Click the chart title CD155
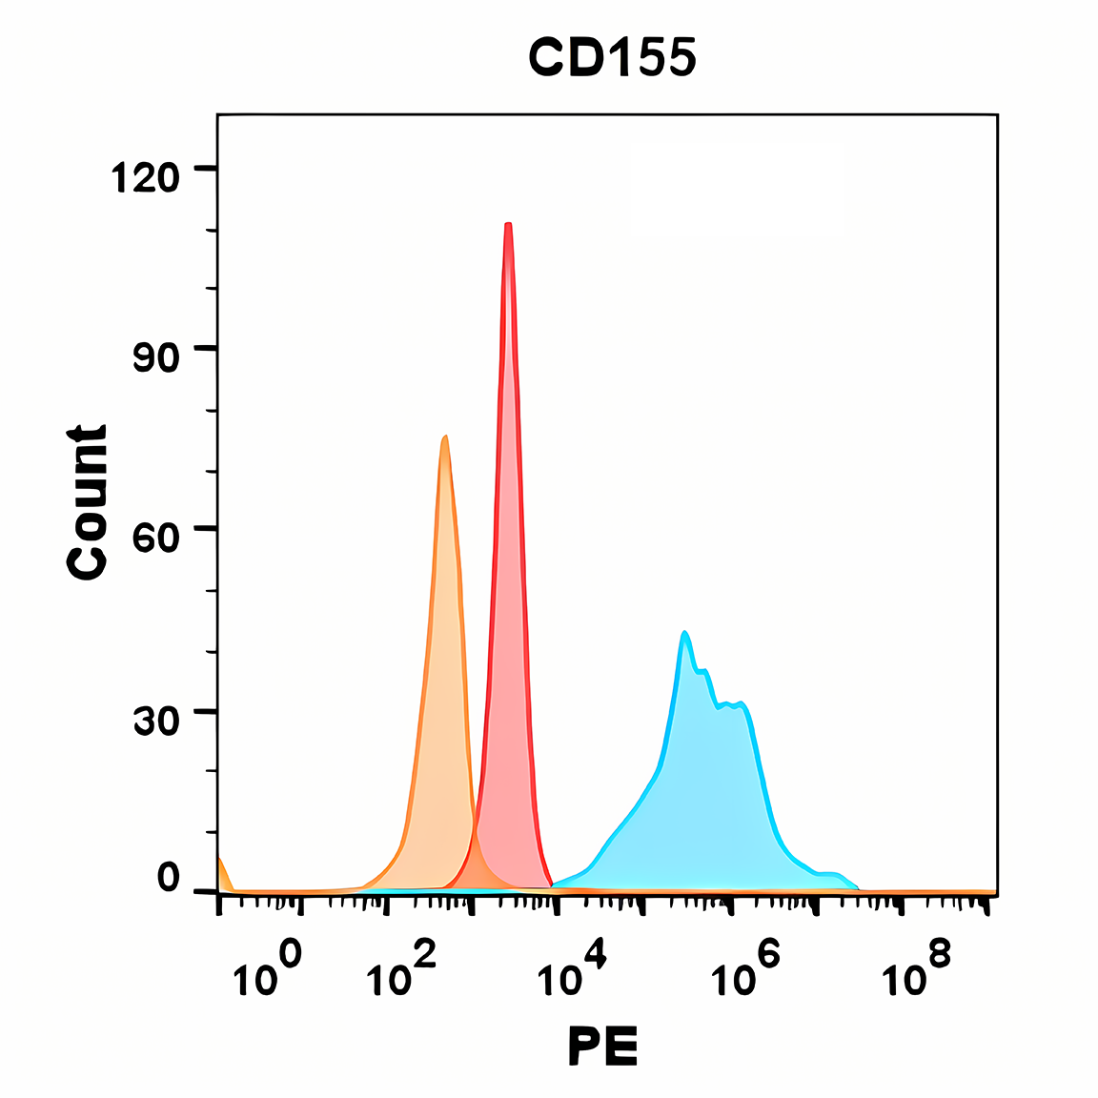tap(612, 59)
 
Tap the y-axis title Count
tap(88, 501)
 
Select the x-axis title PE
tap(603, 1047)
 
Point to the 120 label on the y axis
tap(146, 177)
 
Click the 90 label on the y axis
tap(155, 357)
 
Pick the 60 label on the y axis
tap(155, 538)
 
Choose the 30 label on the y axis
tap(155, 722)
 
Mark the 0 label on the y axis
tap(168, 878)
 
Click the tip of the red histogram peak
tap(509, 225)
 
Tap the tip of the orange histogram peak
tap(445, 437)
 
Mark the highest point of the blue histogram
tap(684, 633)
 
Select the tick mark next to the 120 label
tap(205, 169)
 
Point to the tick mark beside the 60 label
tap(205, 529)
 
